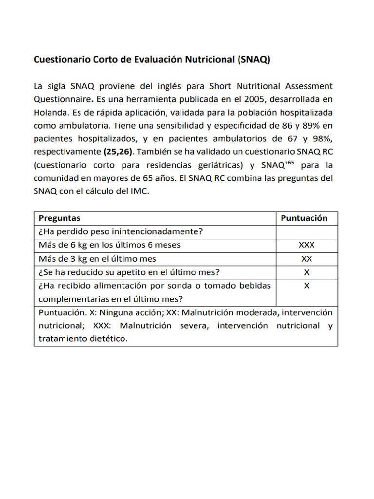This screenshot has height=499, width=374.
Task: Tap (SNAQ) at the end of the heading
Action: tap(253, 60)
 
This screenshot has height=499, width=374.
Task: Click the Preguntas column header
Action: tap(59, 218)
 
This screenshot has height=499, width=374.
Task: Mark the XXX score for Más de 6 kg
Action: tap(306, 245)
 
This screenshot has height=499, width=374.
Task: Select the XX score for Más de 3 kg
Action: tap(306, 258)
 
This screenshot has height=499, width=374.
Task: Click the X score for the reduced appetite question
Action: tap(306, 271)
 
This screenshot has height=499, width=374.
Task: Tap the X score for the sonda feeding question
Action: tap(306, 286)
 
